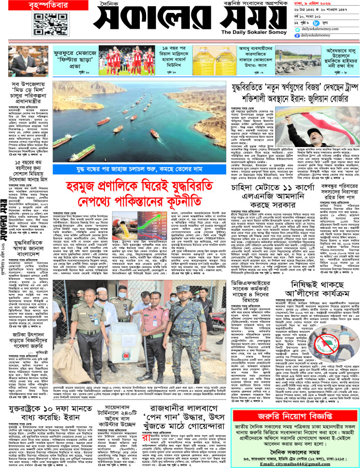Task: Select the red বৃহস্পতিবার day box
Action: click(x=22, y=6)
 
